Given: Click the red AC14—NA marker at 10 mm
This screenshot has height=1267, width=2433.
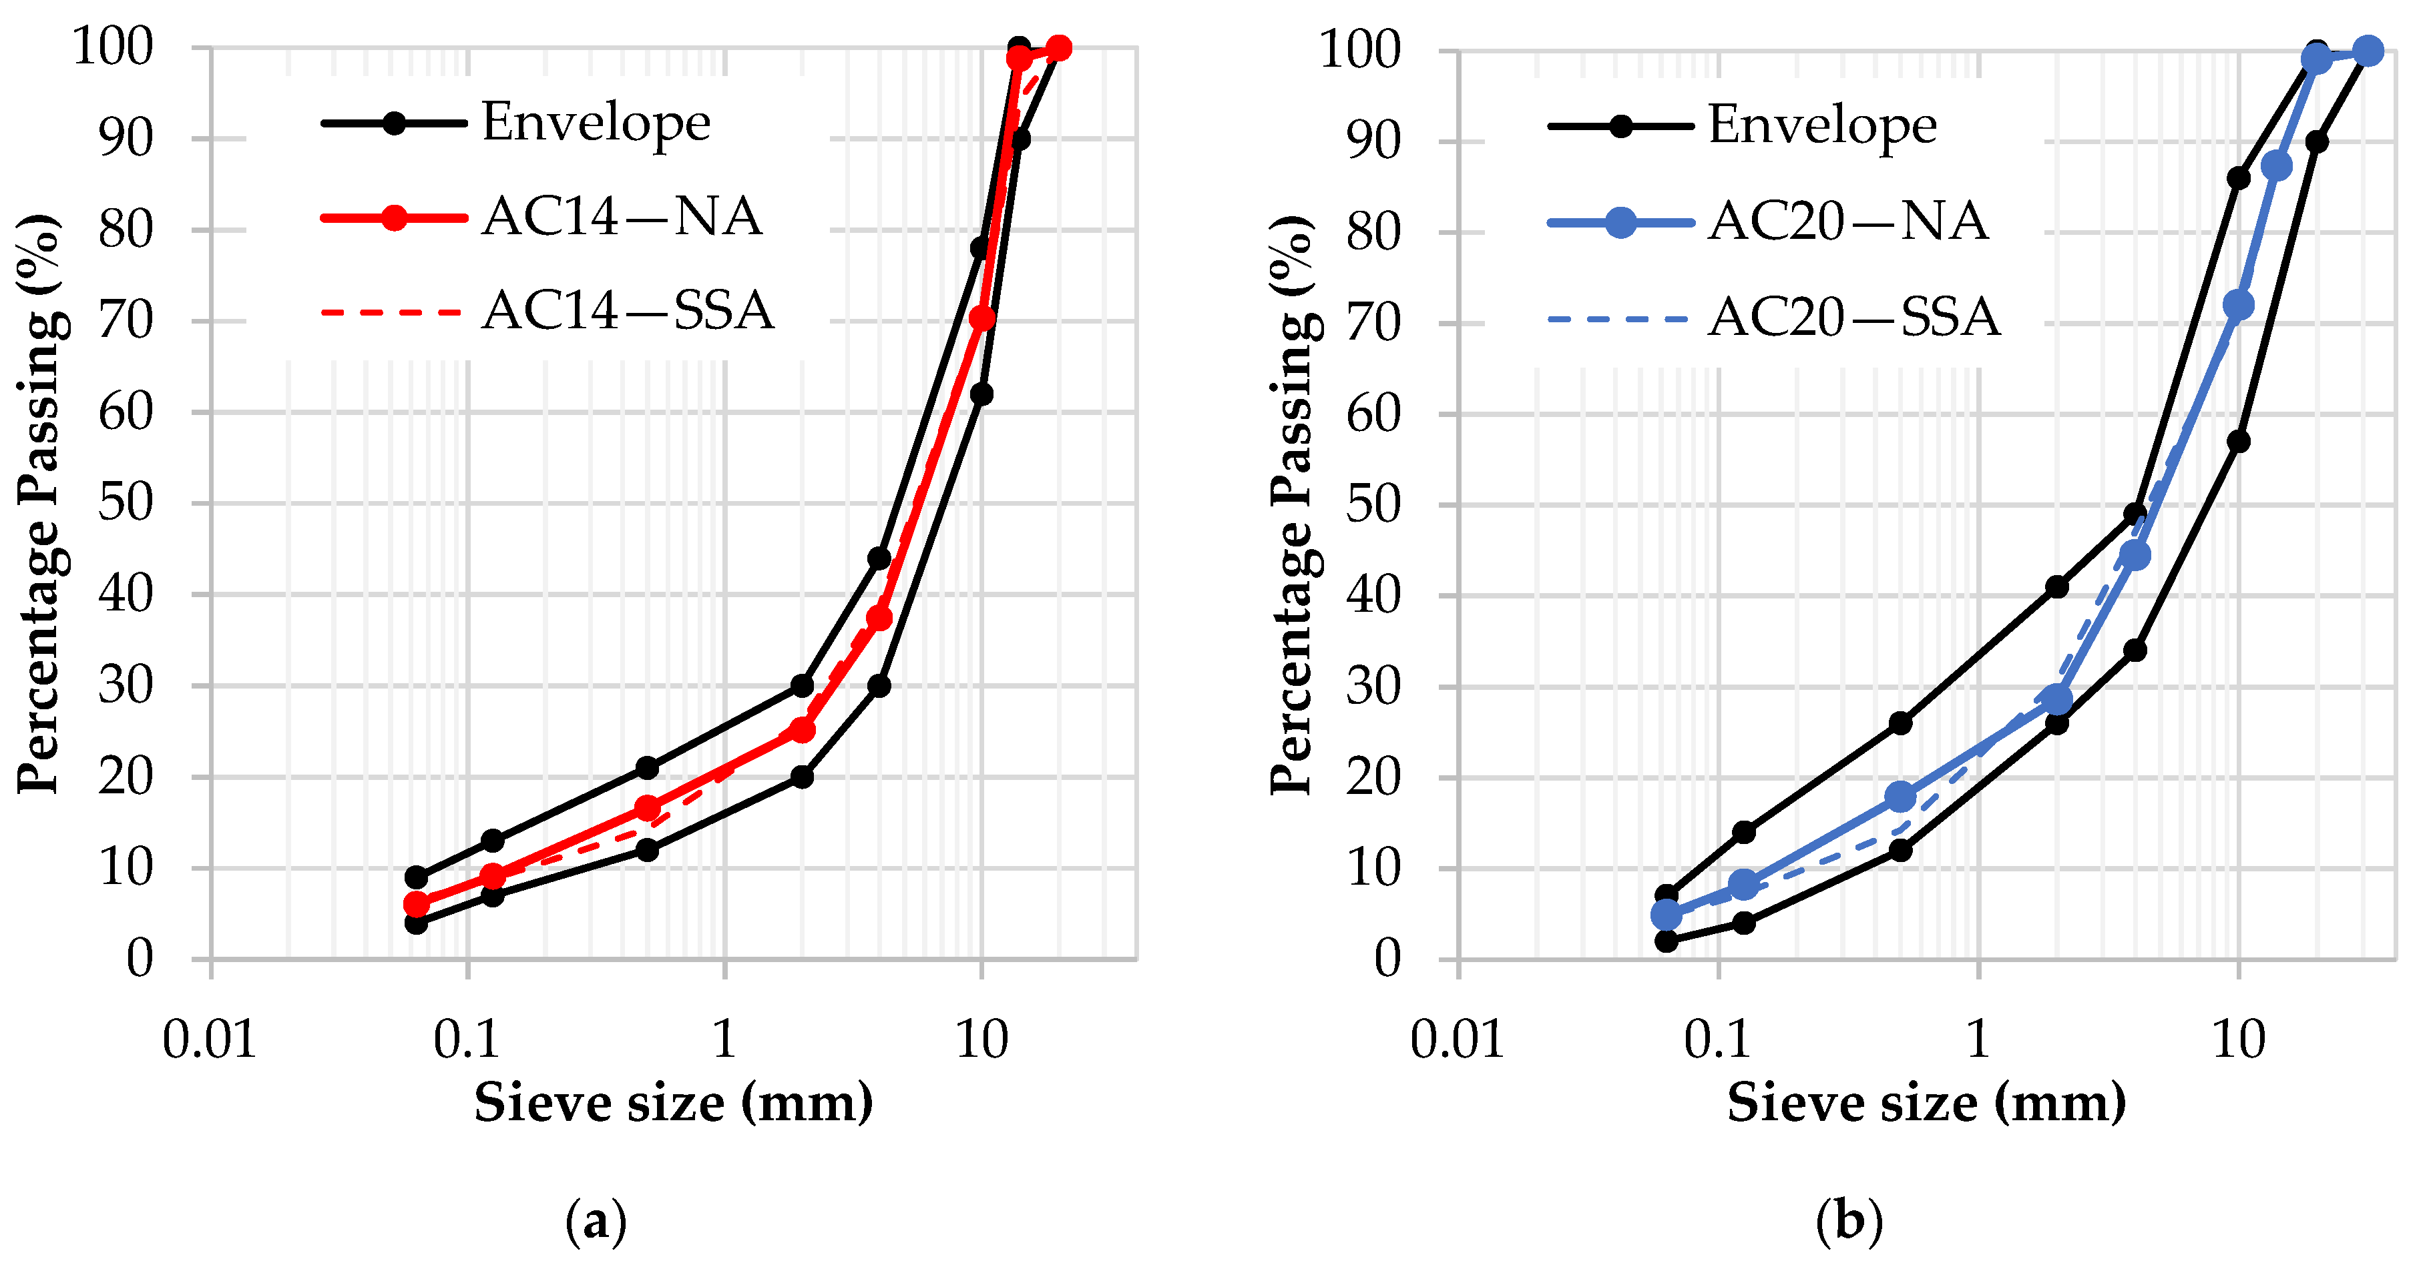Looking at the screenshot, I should (x=982, y=318).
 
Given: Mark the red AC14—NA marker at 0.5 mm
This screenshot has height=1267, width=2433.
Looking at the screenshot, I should (x=647, y=808).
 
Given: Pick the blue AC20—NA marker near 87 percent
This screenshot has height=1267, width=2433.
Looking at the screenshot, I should (x=2277, y=167).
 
